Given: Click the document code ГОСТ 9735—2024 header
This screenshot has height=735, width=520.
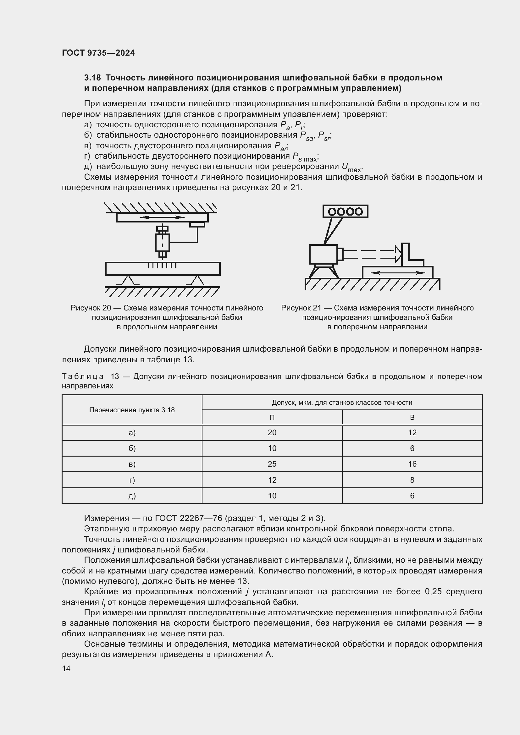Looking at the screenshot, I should pyautogui.click(x=98, y=53).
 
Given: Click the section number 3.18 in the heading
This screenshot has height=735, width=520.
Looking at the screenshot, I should pyautogui.click(x=92, y=78).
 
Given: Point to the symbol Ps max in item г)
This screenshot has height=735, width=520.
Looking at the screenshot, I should pyautogui.click(x=305, y=157).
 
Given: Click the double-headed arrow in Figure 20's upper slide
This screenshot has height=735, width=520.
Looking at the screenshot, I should pyautogui.click(x=162, y=217).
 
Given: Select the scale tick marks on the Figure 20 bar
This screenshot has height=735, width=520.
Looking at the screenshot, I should pyautogui.click(x=162, y=266).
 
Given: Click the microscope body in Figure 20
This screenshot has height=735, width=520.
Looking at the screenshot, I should pyautogui.click(x=162, y=243).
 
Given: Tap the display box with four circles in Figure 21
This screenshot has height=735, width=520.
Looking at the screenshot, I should pyautogui.click(x=345, y=211).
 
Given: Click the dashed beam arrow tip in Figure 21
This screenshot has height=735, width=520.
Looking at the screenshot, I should pyautogui.click(x=398, y=254).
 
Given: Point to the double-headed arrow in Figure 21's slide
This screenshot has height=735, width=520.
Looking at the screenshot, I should pyautogui.click(x=397, y=273).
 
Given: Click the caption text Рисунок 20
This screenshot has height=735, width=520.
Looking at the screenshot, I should pyautogui.click(x=91, y=308).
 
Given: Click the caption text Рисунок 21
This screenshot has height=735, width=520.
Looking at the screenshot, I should pyautogui.click(x=301, y=308).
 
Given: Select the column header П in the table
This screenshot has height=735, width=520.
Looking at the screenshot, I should pyautogui.click(x=272, y=417).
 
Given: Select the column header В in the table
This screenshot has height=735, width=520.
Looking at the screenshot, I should pyautogui.click(x=412, y=417).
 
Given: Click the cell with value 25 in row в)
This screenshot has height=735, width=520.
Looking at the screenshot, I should pyautogui.click(x=272, y=464).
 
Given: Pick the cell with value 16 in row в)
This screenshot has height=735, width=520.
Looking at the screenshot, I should pyautogui.click(x=412, y=464).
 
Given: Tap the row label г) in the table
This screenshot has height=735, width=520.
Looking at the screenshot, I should pyautogui.click(x=132, y=480).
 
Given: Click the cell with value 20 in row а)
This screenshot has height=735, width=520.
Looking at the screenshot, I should pyautogui.click(x=272, y=433).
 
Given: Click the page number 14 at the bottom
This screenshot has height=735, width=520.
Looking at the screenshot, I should pyautogui.click(x=66, y=668).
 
